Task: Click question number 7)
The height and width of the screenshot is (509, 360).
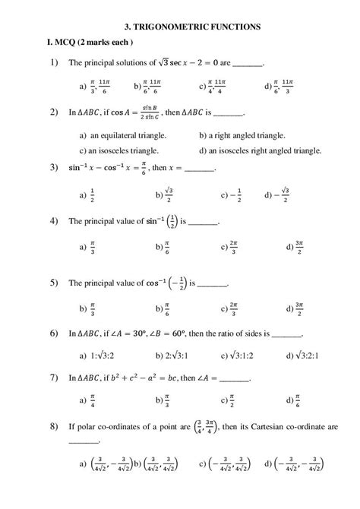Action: (54, 377)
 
